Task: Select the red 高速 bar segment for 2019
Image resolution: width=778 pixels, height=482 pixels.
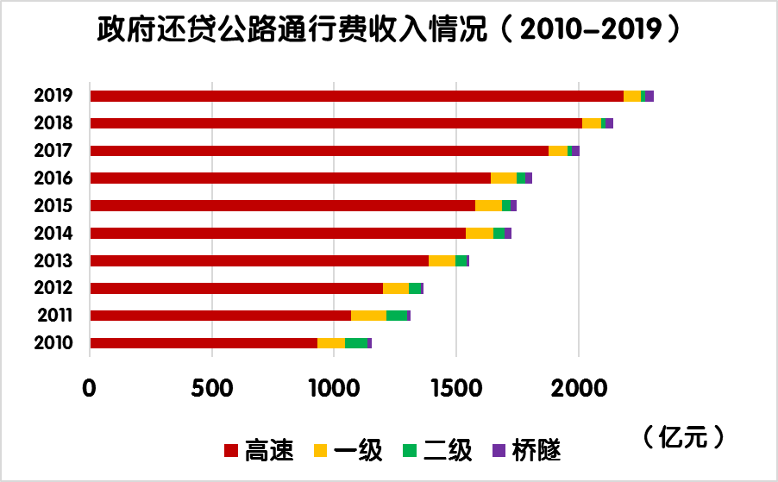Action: pos(356,96)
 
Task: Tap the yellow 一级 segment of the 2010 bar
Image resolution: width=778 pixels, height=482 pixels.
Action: pos(331,343)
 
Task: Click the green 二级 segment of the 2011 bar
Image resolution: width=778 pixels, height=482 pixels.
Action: pos(396,316)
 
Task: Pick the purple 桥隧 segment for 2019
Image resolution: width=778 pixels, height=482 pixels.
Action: pos(649,96)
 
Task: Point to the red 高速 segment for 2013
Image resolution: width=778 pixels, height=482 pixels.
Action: pos(259,260)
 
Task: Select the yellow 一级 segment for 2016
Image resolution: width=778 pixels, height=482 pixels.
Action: pos(504,178)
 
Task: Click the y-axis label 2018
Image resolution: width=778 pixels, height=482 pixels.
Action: pos(53,123)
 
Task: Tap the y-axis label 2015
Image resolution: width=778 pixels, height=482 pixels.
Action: pos(53,205)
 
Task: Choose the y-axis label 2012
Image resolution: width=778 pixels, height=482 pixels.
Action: pos(53,288)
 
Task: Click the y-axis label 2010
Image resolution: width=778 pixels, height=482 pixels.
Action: pos(53,343)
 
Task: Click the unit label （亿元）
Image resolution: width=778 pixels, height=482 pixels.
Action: pos(681,436)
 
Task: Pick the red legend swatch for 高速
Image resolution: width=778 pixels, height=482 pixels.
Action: pos(230,450)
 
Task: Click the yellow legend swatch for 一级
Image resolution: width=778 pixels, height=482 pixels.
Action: pos(320,450)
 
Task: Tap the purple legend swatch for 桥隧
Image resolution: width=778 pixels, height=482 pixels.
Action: pos(498,450)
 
